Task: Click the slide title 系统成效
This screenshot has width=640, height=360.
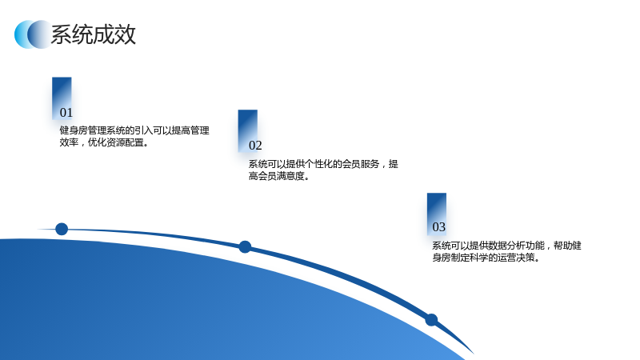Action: coord(93,34)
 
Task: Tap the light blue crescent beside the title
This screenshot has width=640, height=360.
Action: coord(21,34)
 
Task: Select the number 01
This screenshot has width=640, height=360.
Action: coord(66,113)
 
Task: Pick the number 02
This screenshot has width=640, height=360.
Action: coord(255,146)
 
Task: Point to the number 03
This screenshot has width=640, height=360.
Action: coord(438,227)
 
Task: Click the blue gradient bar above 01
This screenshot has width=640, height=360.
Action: coord(62,98)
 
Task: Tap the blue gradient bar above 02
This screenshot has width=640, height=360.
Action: coord(248,130)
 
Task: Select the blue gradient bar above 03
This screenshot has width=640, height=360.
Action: coord(437,214)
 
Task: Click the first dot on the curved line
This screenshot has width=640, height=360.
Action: coord(62,229)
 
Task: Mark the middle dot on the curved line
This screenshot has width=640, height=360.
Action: coord(245,247)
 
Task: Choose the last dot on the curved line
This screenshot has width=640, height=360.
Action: coord(431,320)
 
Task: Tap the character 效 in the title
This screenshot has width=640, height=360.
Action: coord(126,34)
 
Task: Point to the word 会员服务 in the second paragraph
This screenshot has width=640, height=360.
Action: coord(361,164)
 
